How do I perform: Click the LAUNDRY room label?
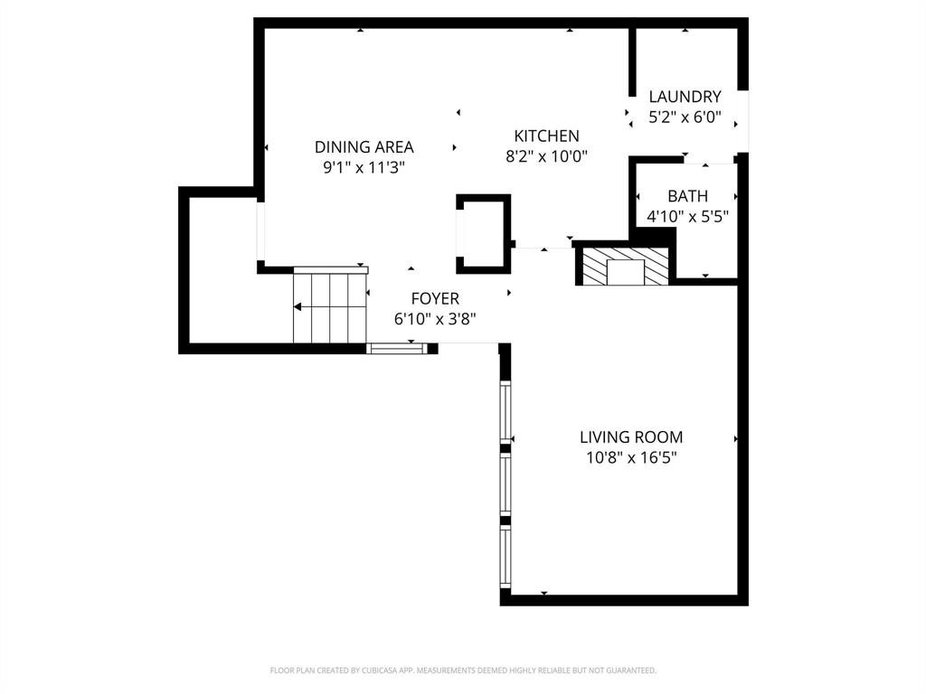(685, 97)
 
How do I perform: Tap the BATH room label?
(687, 196)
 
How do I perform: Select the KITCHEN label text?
(546, 136)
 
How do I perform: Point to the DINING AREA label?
(364, 147)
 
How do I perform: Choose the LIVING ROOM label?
(631, 437)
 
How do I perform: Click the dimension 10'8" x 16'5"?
(631, 458)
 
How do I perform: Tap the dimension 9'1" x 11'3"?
(364, 167)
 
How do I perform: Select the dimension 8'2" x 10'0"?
(546, 156)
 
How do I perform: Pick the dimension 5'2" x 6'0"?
(685, 117)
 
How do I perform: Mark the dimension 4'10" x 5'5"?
(687, 217)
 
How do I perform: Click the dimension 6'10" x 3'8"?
(435, 319)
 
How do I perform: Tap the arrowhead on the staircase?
(298, 307)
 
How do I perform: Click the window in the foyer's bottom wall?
(396, 348)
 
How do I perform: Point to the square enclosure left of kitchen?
(484, 233)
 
